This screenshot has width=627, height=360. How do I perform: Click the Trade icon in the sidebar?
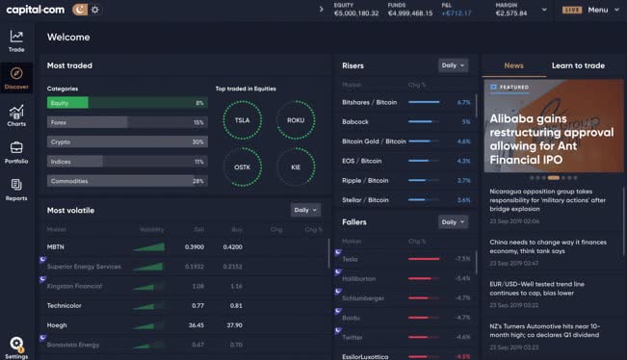pos(16,40)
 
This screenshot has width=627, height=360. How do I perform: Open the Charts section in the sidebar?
pos(16,115)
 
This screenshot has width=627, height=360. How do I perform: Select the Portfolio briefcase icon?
pos(16,151)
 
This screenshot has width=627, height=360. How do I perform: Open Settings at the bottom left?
pos(16,347)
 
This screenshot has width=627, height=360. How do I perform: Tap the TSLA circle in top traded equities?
pos(241,120)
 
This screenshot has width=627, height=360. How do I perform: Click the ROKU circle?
pos(295,120)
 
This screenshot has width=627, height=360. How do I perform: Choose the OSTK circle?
pos(241,166)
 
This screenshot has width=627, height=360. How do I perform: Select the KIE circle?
pos(295,166)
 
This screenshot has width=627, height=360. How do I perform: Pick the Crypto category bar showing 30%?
pos(126,141)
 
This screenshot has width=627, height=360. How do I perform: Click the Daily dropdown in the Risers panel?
pos(452,65)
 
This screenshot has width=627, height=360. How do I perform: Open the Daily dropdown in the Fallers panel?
pos(452,221)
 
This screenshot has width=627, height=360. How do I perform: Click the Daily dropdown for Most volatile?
pos(304,209)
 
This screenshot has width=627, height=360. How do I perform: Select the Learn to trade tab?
pos(578,65)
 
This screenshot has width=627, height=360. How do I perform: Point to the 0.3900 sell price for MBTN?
pos(194,247)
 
